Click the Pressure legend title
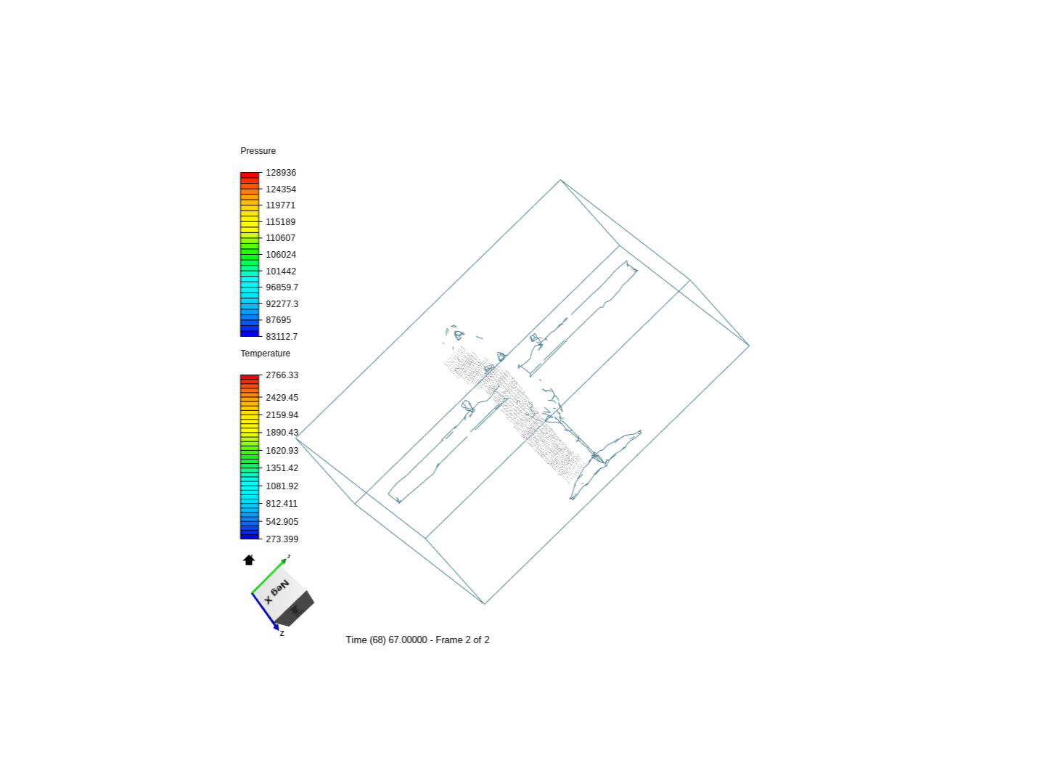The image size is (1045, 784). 258,151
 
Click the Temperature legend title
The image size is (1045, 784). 265,354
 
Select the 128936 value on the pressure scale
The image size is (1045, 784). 280,172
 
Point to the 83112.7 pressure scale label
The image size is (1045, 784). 282,337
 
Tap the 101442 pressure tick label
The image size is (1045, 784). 280,271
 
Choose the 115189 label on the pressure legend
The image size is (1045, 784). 280,222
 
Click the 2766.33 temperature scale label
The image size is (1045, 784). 282,375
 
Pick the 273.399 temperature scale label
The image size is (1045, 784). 282,539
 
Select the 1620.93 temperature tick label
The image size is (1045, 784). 282,450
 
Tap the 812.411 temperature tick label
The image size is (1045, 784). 282,503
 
